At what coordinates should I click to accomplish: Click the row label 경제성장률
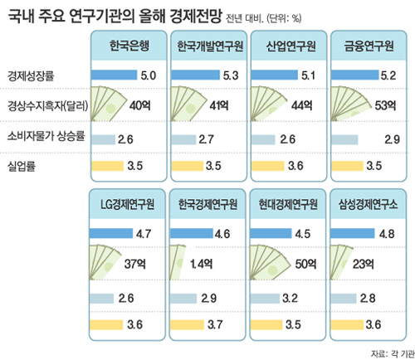(x=32, y=75)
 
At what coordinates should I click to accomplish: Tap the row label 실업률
(x=22, y=167)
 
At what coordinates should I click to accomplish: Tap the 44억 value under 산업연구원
(x=304, y=106)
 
